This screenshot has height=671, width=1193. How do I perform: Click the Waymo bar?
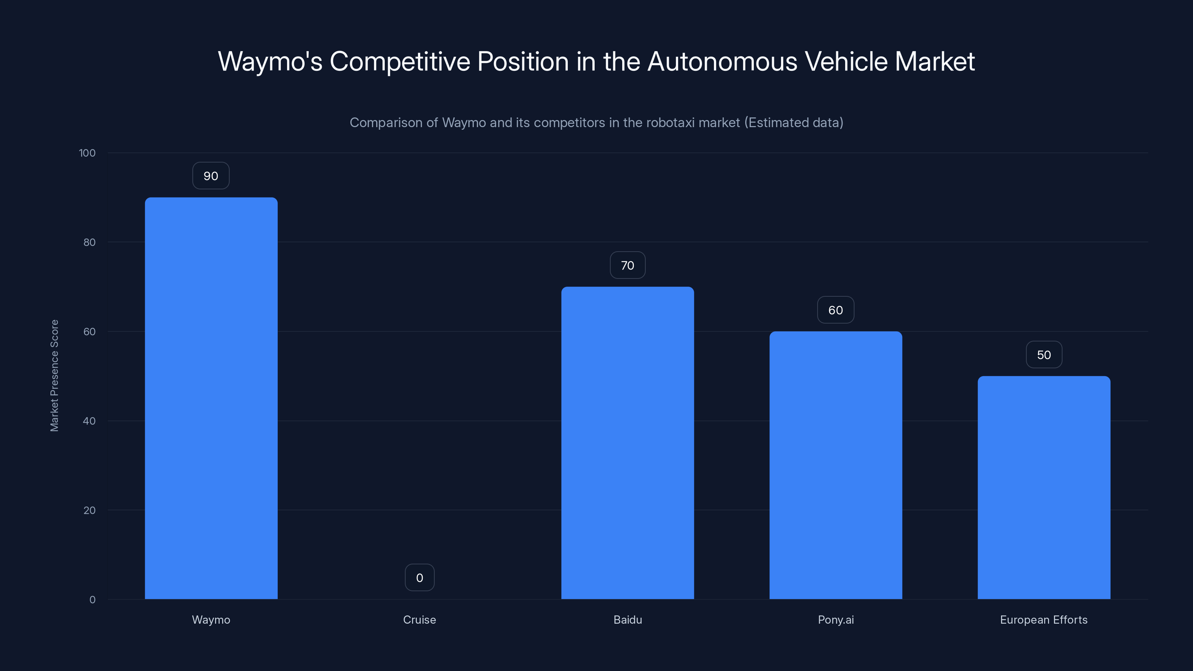[211, 398]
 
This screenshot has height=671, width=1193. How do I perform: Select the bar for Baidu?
[627, 443]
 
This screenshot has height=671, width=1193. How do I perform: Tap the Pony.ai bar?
[835, 465]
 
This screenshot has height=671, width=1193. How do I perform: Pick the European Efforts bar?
[1044, 487]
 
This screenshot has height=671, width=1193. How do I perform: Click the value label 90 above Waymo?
[211, 176]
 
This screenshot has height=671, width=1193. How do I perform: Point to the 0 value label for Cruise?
[419, 578]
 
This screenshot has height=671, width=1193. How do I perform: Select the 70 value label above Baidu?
[627, 265]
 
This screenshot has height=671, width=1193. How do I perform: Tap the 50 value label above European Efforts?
[1044, 355]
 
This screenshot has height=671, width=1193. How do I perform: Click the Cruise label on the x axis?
[419, 620]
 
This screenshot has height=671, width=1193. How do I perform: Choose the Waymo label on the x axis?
[211, 620]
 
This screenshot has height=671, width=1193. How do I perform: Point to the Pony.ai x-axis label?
[835, 620]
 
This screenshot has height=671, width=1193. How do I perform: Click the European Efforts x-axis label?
[1044, 620]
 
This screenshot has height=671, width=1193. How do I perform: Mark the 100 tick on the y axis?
[87, 153]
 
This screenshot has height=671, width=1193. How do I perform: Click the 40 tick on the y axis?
[89, 421]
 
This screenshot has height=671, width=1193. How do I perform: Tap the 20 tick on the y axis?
[89, 510]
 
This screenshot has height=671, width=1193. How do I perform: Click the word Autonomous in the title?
[722, 61]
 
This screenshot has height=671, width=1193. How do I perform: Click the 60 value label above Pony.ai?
[835, 310]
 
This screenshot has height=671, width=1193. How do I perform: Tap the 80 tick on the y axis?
[89, 242]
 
